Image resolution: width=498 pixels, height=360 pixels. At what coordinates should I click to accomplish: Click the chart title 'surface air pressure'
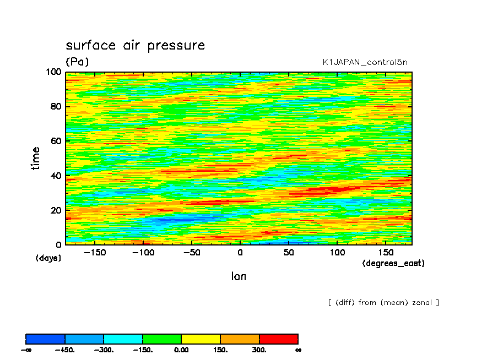135,45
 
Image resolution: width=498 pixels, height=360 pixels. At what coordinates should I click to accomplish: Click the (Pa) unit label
77,62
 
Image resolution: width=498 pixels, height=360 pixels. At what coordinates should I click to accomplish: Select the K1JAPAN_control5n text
365,62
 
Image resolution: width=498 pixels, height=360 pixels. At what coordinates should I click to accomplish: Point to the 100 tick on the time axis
54,72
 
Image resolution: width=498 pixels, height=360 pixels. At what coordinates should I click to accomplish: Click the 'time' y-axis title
36,158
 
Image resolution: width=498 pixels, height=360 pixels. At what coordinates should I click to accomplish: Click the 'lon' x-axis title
239,276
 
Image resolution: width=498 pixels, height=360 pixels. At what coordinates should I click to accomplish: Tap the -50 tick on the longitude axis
191,253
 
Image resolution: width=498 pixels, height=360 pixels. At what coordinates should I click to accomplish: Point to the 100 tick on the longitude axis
337,253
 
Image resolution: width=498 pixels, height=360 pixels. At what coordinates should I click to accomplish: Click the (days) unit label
48,258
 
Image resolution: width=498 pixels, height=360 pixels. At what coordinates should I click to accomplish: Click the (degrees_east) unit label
393,263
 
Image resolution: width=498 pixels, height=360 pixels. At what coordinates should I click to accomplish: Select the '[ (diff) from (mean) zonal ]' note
383,302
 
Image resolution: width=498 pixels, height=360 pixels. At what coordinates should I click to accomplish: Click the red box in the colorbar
278,339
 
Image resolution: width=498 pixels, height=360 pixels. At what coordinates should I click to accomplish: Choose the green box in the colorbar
162,339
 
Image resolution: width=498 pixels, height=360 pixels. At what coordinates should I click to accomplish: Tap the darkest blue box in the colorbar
46,339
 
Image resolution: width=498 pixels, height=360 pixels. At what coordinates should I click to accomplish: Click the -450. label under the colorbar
65,350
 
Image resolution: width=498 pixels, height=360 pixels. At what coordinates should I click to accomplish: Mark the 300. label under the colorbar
259,350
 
